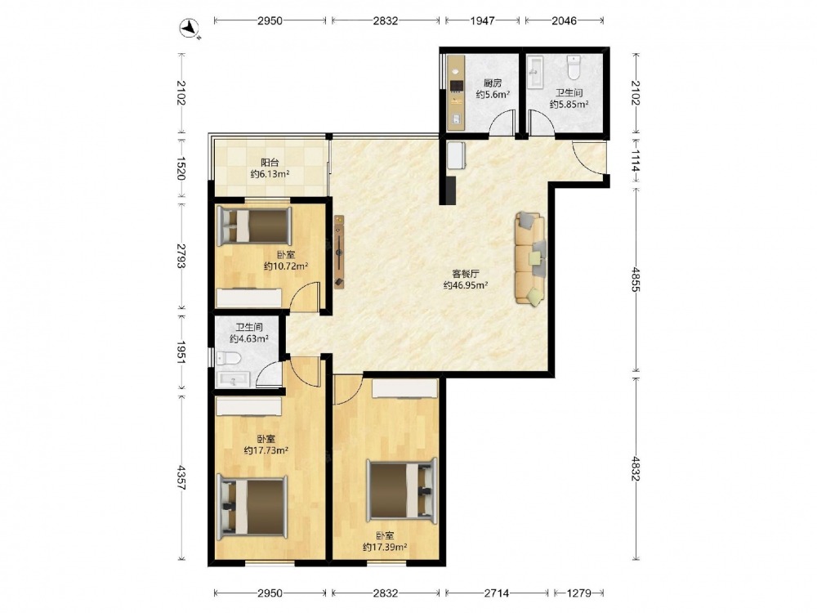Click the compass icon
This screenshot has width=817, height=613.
click(x=190, y=28)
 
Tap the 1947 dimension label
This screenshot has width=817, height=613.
click(x=483, y=21)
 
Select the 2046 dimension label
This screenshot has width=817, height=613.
click(x=565, y=21)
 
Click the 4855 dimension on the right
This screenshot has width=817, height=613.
click(x=635, y=279)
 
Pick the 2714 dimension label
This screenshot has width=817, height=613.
click(x=497, y=593)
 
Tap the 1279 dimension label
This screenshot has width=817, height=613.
click(x=578, y=593)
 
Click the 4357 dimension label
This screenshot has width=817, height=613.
click(x=181, y=477)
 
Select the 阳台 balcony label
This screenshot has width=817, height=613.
click(x=270, y=162)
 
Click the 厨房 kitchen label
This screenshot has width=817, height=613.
click(x=493, y=83)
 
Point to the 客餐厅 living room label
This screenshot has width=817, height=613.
click(x=466, y=273)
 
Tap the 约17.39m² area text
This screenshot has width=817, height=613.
click(x=385, y=547)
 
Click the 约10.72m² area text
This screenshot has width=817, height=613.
click(x=285, y=266)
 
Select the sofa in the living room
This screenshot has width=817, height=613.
click(x=530, y=258)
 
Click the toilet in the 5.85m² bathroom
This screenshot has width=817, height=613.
click(x=574, y=67)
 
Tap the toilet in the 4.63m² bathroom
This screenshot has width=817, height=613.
click(x=228, y=358)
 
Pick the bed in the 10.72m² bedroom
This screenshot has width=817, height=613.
click(x=254, y=226)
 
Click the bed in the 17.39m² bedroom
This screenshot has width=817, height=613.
click(x=402, y=490)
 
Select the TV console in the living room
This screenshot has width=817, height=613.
click(x=339, y=251)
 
